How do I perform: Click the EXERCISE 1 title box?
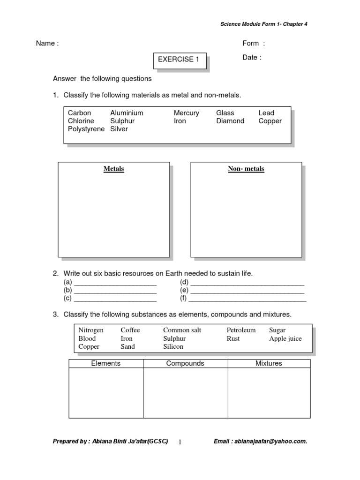point(180,60)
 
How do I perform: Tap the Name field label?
point(47,44)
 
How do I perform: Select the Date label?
point(252,58)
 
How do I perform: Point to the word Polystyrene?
point(86,129)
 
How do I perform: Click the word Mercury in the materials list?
point(186,113)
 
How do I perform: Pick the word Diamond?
point(230,121)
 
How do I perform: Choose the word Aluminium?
point(127,113)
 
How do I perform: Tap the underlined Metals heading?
point(114,169)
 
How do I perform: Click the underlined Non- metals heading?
point(246,169)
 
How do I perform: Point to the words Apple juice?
point(285,338)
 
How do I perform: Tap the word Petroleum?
point(241,330)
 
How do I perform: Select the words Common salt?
point(182,330)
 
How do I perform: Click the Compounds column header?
point(185,363)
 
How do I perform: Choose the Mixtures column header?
point(269,363)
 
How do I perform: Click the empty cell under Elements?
point(106,393)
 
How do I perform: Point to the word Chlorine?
point(81,121)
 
